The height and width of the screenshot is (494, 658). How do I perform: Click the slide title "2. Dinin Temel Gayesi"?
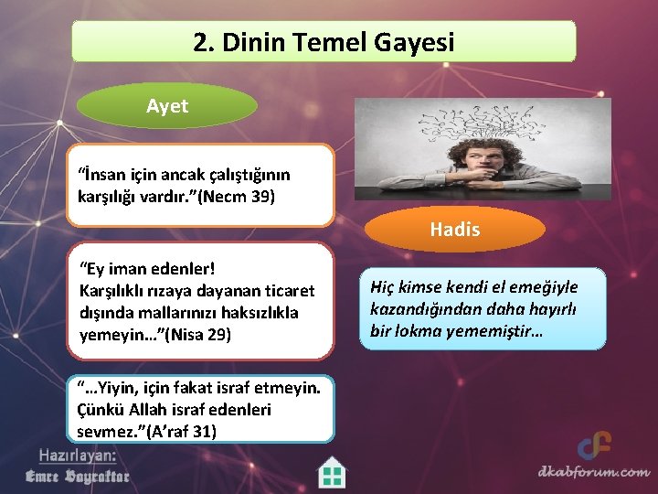[x=324, y=42]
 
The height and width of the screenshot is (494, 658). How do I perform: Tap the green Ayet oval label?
[x=167, y=106]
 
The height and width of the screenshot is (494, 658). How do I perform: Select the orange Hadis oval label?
[x=454, y=230]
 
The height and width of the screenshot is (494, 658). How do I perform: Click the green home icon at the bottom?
[x=332, y=472]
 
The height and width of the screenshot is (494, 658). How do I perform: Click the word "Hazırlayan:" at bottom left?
[x=77, y=455]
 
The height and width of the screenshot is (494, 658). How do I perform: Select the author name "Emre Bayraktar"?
[x=77, y=476]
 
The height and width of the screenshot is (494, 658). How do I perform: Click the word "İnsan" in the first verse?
[x=103, y=174]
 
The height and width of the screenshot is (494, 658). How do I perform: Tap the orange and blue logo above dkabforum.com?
[x=594, y=446]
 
